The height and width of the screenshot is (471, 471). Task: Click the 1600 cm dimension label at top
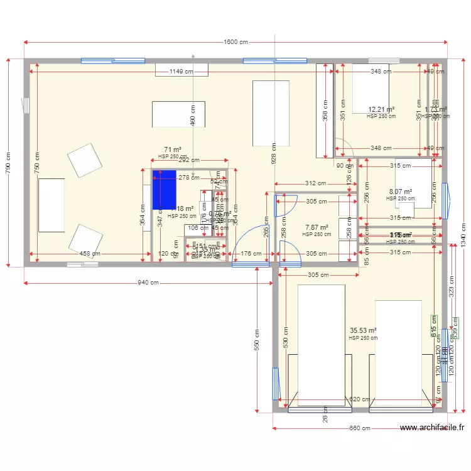tap(235, 42)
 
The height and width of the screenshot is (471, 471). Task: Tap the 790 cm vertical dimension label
tap(8, 161)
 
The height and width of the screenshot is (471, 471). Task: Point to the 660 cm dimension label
tap(360, 428)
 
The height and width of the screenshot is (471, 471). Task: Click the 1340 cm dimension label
tap(463, 236)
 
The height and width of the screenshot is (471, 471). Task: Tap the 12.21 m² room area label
tap(381, 109)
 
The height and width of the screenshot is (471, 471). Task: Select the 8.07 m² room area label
tap(400, 192)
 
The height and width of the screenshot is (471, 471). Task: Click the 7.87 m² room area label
tap(317, 227)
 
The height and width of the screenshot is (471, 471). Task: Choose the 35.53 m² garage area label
tap(363, 330)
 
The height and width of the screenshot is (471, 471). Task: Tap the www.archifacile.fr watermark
tap(432, 428)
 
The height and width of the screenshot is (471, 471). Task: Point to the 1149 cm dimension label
tap(181, 72)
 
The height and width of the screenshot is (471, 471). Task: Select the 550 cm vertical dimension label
tap(257, 339)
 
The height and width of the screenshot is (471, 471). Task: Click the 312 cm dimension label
tap(317, 184)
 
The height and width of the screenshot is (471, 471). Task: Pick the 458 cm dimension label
tap(90, 254)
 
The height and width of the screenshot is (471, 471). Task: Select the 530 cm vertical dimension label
tap(285, 340)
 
